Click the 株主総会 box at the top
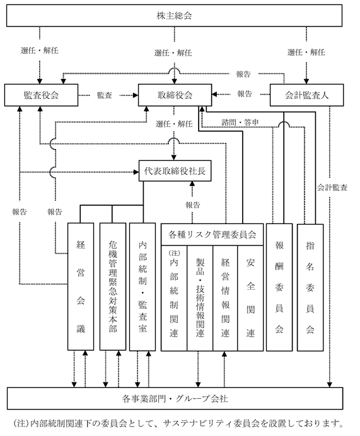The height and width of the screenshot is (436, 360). coord(174,16)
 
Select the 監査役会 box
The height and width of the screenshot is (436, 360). coord(41,95)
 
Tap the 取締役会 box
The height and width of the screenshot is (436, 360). coord(175,95)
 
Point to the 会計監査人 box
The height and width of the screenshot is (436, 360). coord(306,95)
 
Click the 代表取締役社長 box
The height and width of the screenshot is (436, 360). coord(175,171)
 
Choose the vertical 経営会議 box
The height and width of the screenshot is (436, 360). coord(81,286)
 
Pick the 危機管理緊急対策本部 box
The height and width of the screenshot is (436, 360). coord(112,286)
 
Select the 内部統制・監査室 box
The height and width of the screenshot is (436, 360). coord(142,286)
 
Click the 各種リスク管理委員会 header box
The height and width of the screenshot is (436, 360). coord(212,235)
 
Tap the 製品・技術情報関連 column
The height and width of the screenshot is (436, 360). coord(200,298)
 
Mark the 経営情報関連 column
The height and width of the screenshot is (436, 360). coord(225,298)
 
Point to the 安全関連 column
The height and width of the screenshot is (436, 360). coord(250,298)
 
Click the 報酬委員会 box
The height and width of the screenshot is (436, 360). coord(279,287)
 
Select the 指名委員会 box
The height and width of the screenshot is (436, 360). coord(310,287)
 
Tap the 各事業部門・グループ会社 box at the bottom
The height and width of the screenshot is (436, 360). coord(175,399)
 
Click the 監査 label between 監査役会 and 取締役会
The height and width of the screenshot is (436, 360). coord(105,95)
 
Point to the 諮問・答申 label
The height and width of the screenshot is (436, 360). coord(240,122)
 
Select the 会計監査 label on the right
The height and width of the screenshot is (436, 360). coord(332,187)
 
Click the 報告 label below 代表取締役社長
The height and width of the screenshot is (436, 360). coord(193,205)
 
